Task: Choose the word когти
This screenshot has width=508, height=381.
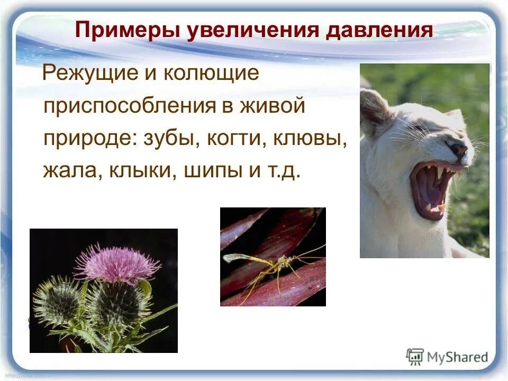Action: [236, 139]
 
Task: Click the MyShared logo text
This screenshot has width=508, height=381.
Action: [458, 357]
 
